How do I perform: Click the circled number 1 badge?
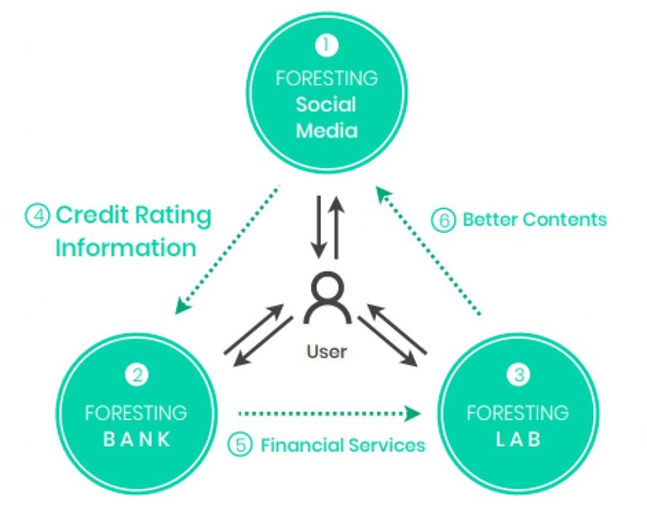point(325,42)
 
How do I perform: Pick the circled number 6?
point(444,220)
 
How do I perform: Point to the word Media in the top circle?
point(326,131)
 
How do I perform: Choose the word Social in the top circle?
point(326,105)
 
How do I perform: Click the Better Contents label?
point(534,219)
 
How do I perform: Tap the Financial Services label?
point(342,444)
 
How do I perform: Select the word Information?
point(126,247)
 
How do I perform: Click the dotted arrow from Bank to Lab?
point(329,413)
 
